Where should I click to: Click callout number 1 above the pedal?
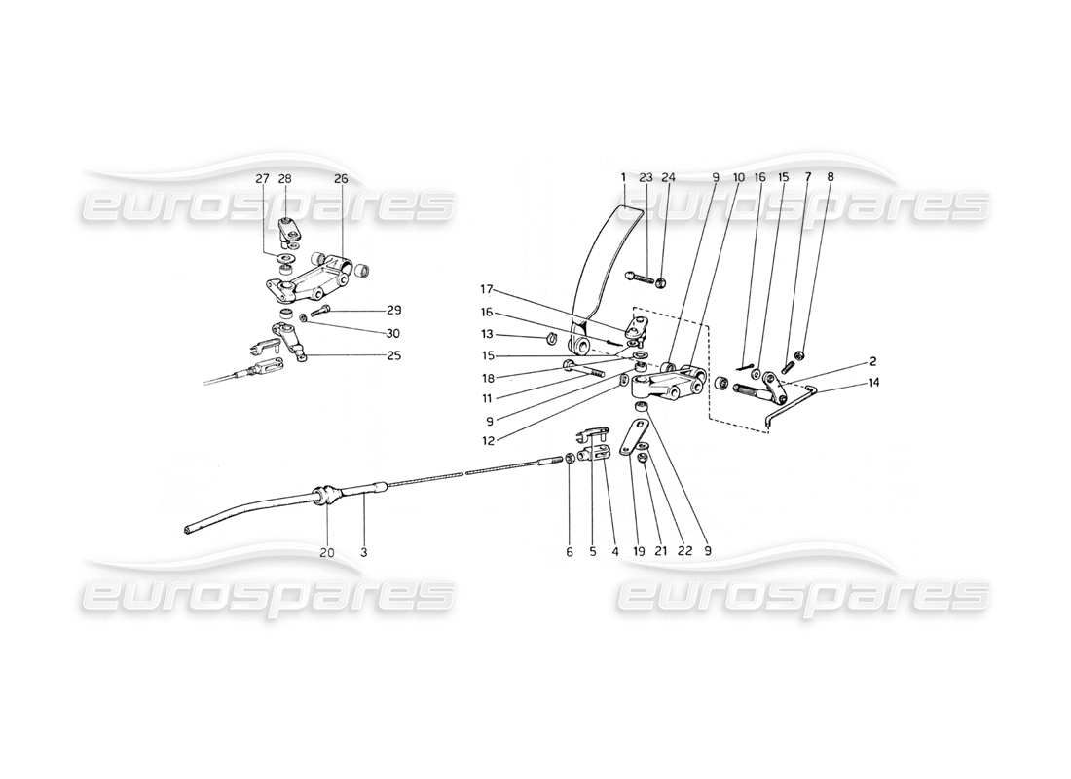pos(621,178)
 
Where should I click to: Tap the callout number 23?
pos(645,178)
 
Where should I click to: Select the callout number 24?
pos(668,178)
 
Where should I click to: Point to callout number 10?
pos(738,178)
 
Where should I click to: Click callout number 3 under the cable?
pos(363,552)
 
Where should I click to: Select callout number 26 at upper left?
pos(340,178)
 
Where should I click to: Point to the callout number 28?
pos(284,178)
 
